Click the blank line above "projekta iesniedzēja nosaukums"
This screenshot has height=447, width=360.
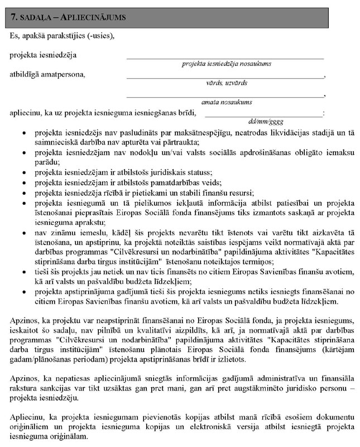click(224, 58)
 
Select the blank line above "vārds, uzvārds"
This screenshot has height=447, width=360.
click(224, 77)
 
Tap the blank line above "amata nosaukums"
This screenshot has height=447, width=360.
click(224, 96)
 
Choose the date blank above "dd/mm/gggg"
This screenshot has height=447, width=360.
click(263, 115)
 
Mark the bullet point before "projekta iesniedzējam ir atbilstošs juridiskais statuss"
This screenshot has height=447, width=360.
click(22, 172)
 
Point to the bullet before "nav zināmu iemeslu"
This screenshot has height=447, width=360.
click(22, 229)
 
